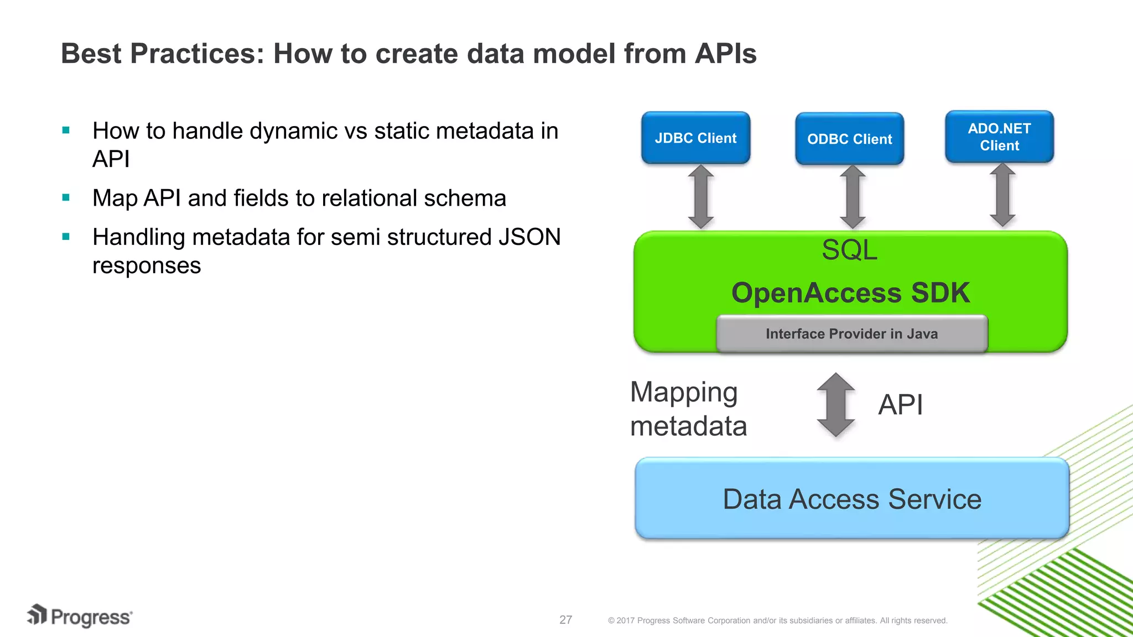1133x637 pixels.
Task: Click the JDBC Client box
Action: coord(695,138)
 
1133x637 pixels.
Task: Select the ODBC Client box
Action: coord(849,139)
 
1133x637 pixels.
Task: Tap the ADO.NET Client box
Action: coord(999,137)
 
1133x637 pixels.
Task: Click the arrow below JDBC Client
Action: coord(701,196)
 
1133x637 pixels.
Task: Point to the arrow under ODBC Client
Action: coord(853,196)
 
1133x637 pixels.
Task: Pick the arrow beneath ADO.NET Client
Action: coord(1002,195)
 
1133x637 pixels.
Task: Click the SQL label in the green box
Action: coord(849,250)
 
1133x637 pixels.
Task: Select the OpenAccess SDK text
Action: coord(850,293)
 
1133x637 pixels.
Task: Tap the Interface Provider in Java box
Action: coord(851,333)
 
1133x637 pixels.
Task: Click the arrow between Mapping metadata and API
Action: coord(836,405)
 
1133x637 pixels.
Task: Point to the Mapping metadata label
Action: coord(688,409)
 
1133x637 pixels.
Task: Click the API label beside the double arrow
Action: coord(900,405)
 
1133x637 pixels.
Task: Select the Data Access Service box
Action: coord(851,499)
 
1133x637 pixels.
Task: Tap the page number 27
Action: coord(565,620)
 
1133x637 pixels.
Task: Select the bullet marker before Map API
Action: coord(66,197)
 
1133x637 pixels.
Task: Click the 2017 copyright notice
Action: coord(777,620)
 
